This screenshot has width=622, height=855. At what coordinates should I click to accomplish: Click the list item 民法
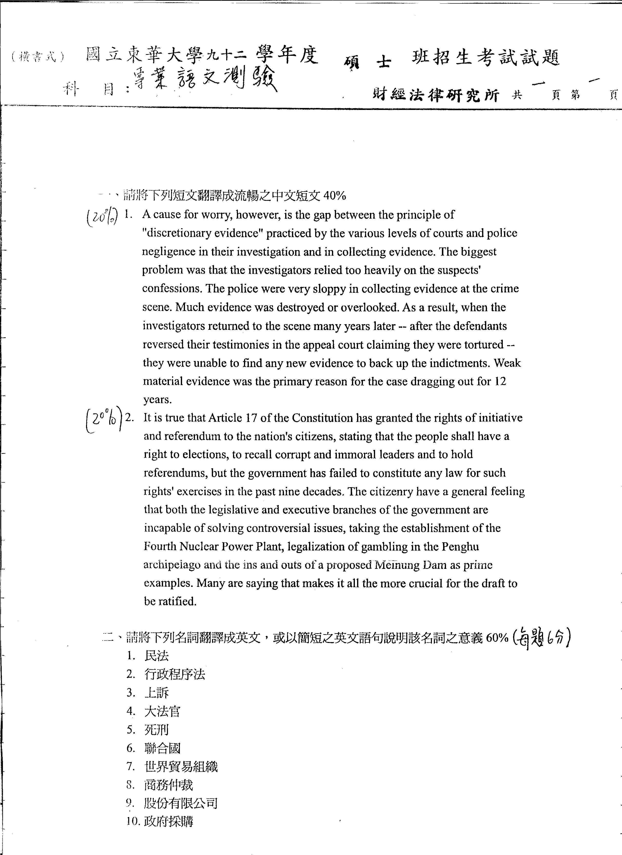(x=156, y=656)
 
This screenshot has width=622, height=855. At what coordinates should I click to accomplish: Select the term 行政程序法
(x=175, y=674)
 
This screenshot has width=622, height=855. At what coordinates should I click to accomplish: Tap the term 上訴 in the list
(x=156, y=692)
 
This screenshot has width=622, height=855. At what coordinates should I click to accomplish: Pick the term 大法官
(x=163, y=711)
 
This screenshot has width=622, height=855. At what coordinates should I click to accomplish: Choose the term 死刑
(x=156, y=730)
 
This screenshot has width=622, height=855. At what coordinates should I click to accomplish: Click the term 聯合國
(x=163, y=748)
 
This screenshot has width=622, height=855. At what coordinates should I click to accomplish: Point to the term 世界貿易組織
(x=181, y=767)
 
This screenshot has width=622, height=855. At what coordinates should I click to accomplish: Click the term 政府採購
(x=168, y=822)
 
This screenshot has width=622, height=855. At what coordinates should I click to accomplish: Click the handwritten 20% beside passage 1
(x=102, y=217)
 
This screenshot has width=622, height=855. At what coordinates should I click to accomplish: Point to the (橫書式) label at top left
(x=38, y=57)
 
